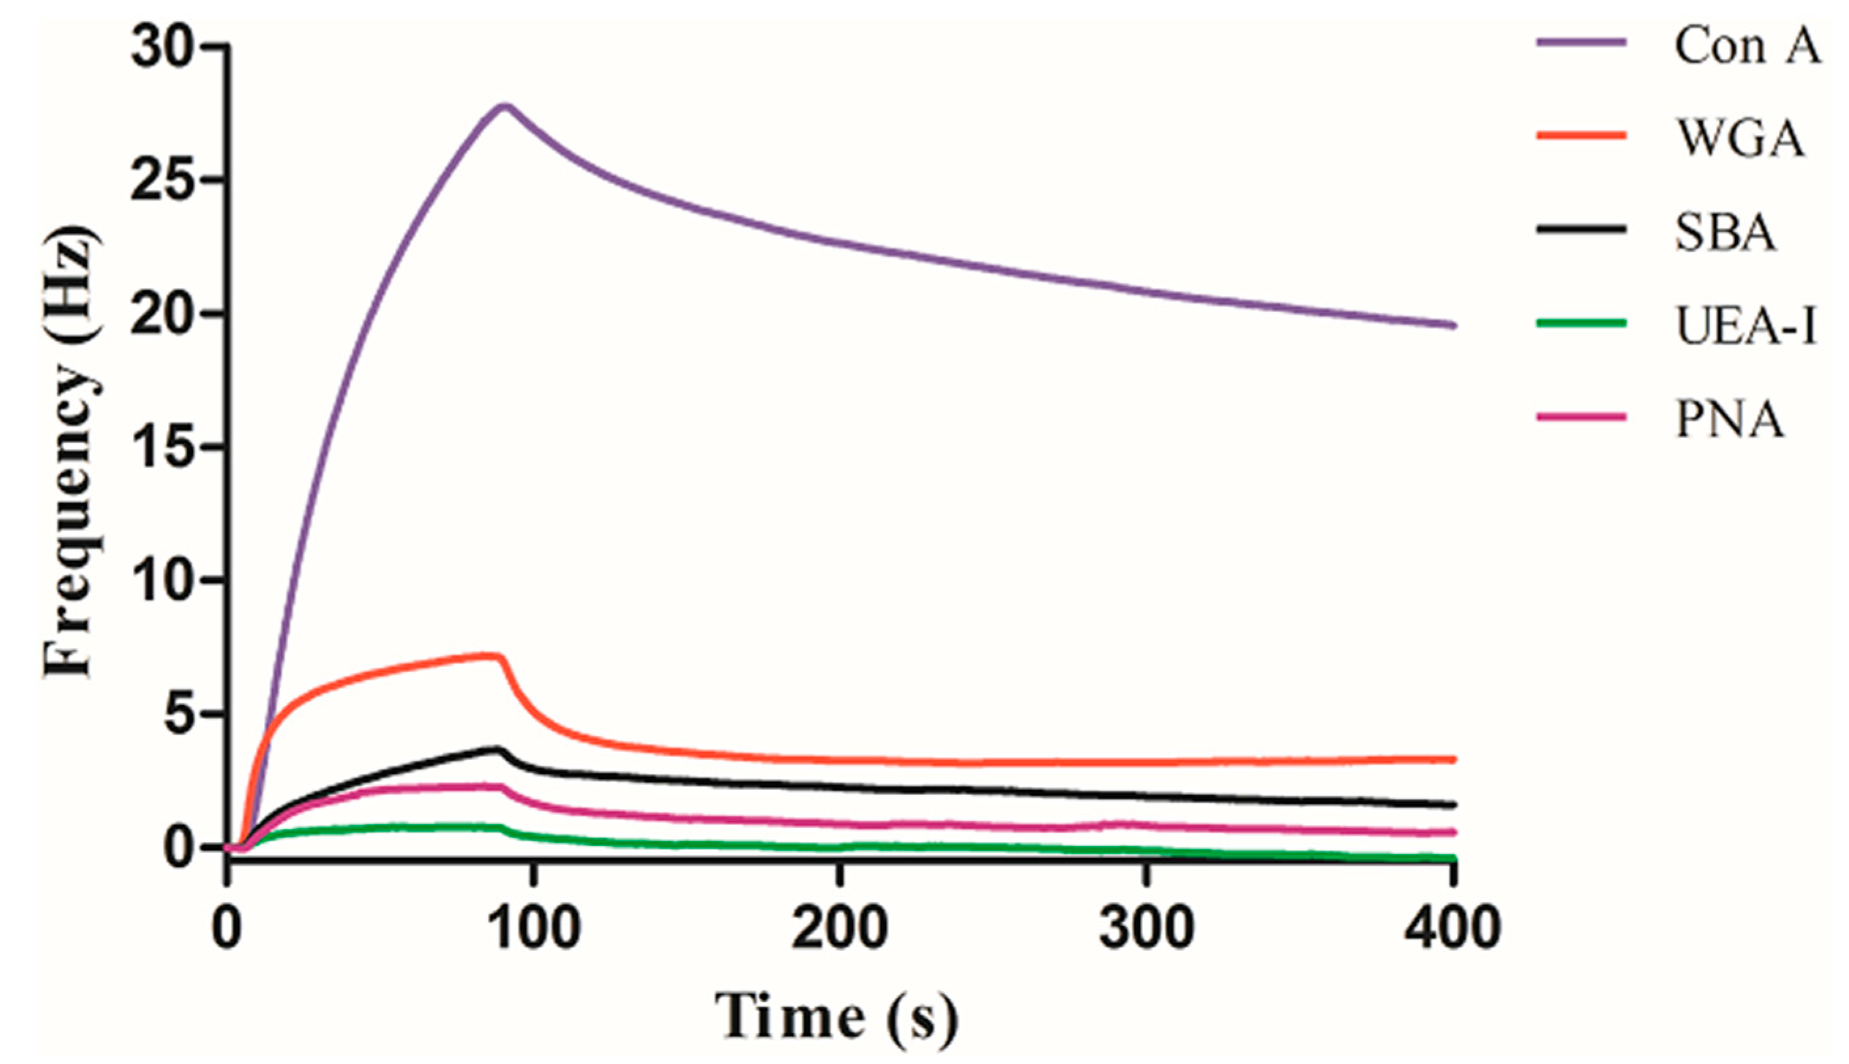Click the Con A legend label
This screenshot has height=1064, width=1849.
(x=1747, y=45)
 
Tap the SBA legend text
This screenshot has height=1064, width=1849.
(x=1725, y=232)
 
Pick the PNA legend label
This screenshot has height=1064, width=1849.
(x=1729, y=420)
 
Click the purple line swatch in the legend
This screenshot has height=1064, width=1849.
(x=1581, y=42)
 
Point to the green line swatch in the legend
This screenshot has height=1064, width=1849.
(x=1581, y=322)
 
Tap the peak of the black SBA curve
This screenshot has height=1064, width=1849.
(x=498, y=749)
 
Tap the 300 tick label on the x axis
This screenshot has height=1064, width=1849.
(x=1146, y=928)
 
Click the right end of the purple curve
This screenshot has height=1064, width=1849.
(x=1453, y=325)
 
